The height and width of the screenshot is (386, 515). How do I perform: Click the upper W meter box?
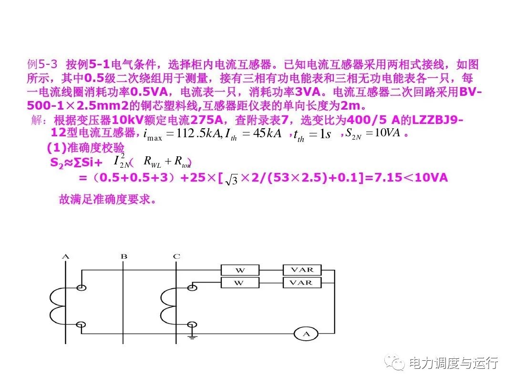pos(240,270)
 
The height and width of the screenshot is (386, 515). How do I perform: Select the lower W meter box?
pos(240,283)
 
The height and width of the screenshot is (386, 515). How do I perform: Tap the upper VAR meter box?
pos(302,270)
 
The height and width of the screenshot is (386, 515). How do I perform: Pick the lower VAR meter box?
pos(302,283)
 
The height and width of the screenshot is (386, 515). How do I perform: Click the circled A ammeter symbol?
pos(306,334)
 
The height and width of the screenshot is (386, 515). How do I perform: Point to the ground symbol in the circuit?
pos(192,336)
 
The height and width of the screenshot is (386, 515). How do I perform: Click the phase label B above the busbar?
pos(124,257)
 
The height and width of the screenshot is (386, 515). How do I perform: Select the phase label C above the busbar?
pos(176,257)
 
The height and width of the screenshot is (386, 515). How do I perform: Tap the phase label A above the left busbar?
pos(66,257)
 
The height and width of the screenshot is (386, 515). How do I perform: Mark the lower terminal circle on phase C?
pos(192,325)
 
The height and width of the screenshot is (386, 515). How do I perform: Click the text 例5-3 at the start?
pos(42,64)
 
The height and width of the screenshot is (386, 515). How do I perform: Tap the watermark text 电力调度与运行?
pos(453,363)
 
